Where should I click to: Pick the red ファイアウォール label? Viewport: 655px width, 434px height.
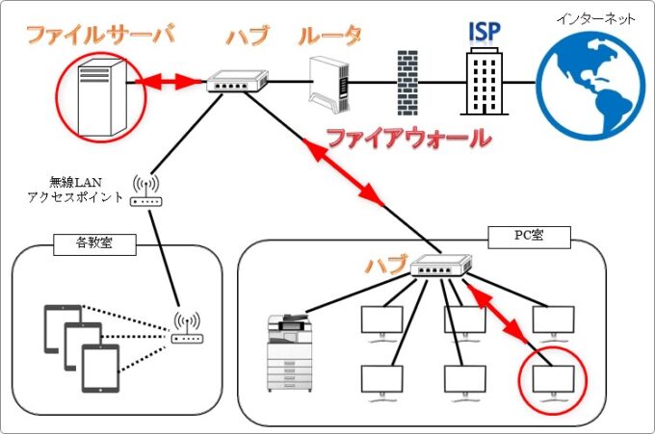point(408,138)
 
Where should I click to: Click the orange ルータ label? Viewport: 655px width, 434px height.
point(329,38)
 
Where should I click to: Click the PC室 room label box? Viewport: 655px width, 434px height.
point(529,234)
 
